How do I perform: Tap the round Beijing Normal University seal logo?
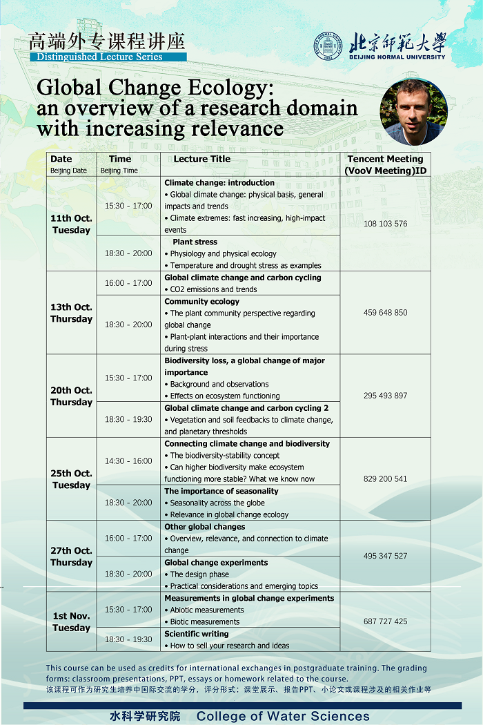pyautogui.click(x=328, y=46)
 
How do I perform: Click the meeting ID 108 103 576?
pyautogui.click(x=385, y=224)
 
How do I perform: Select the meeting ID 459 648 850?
pyautogui.click(x=385, y=313)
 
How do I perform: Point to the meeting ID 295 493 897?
pyautogui.click(x=385, y=396)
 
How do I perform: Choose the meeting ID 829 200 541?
pyautogui.click(x=385, y=478)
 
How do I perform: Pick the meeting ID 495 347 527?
pyautogui.click(x=385, y=556)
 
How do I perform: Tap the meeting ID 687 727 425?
pyautogui.click(x=385, y=621)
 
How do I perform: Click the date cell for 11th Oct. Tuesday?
pyautogui.click(x=71, y=224)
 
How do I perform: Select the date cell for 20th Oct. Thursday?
pyautogui.click(x=71, y=396)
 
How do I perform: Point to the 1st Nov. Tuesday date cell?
pyautogui.click(x=71, y=621)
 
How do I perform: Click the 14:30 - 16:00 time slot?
pyautogui.click(x=128, y=461)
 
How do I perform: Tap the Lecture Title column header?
pyautogui.click(x=202, y=159)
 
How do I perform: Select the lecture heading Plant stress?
pyautogui.click(x=195, y=242)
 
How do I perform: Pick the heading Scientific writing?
pyautogui.click(x=196, y=634)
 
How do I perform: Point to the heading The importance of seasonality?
pyautogui.click(x=221, y=491)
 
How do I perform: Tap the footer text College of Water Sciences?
pyautogui.click(x=283, y=716)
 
